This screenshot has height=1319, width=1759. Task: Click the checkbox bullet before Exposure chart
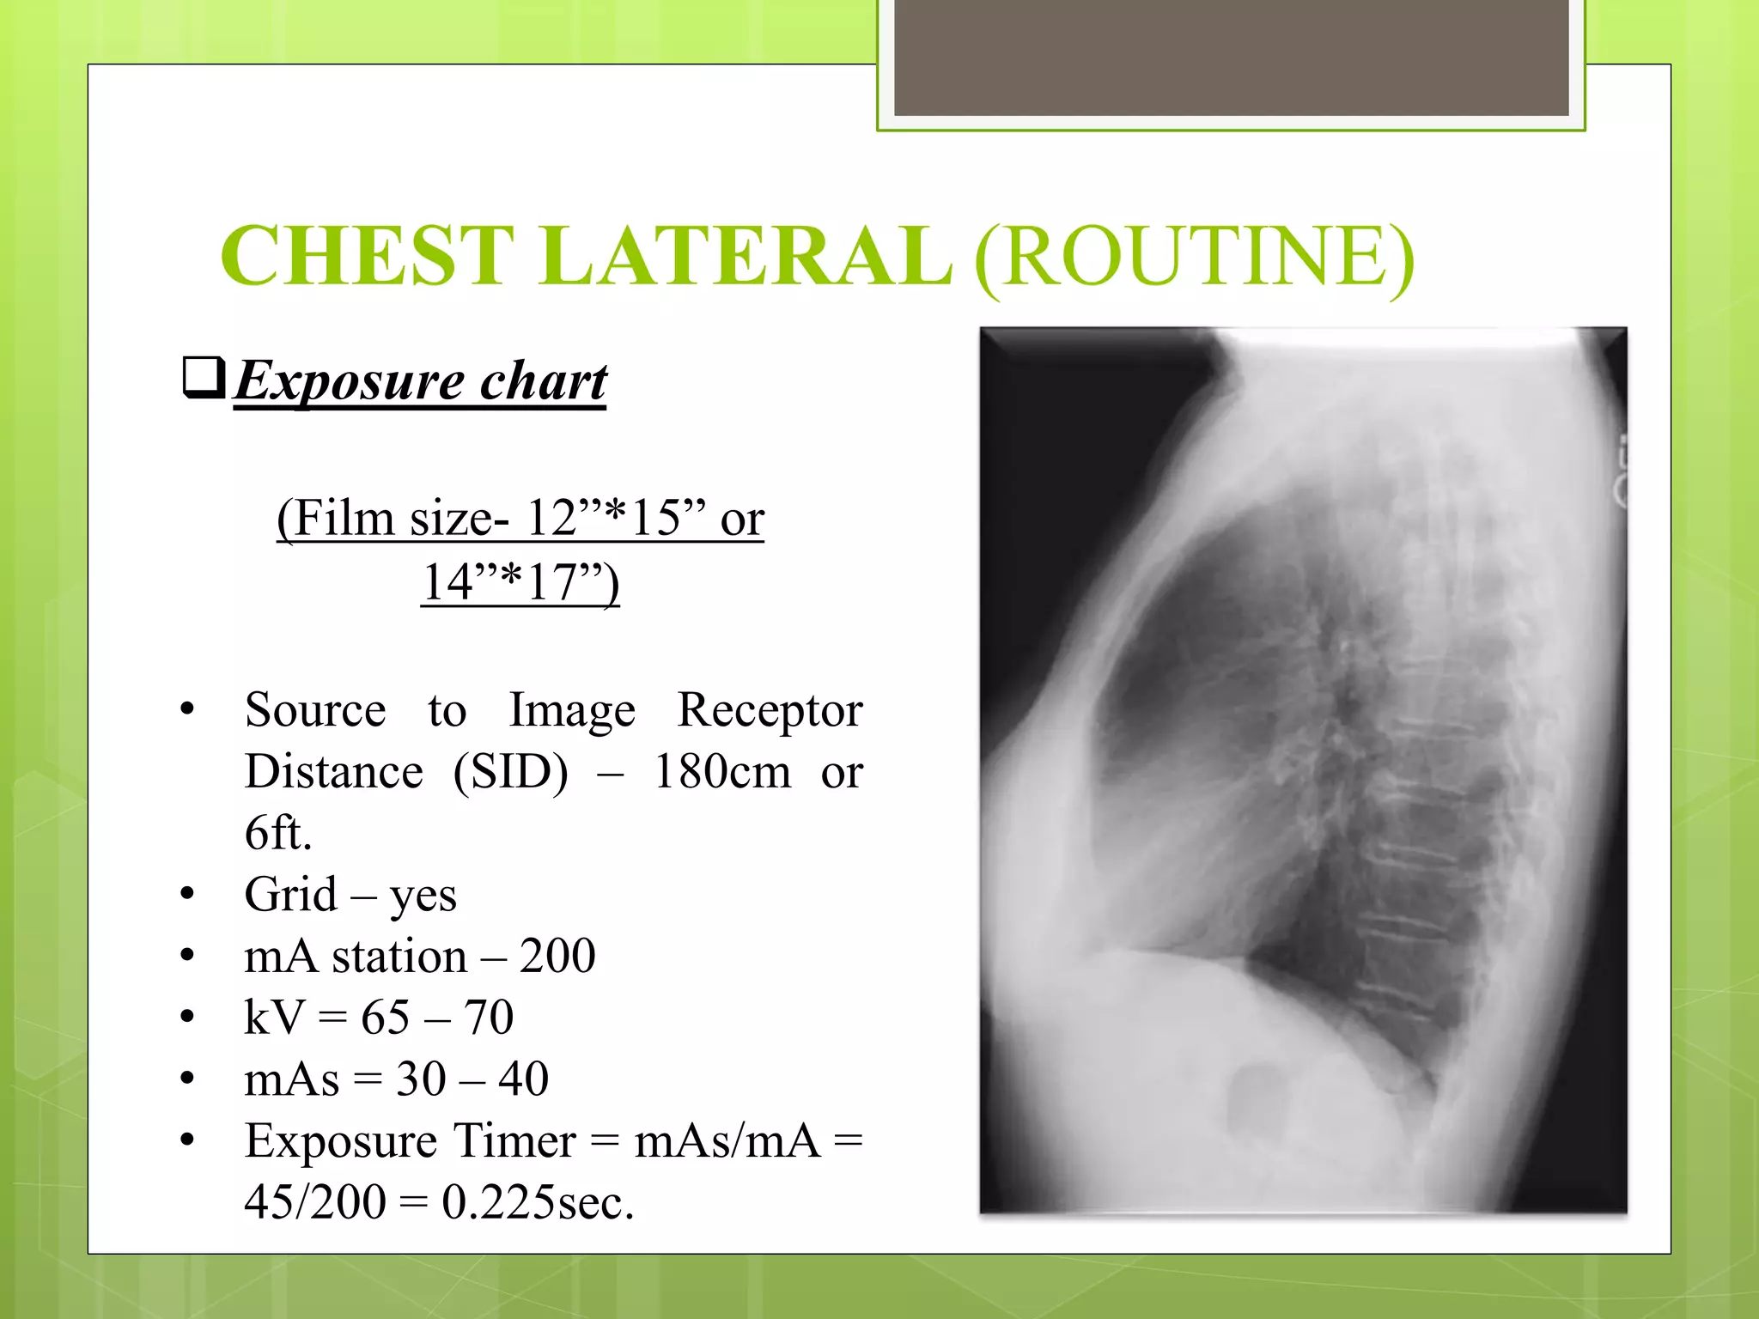(x=204, y=378)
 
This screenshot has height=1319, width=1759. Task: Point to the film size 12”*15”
(x=615, y=518)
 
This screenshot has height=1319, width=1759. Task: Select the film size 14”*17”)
(x=520, y=581)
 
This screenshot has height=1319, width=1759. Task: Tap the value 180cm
(x=722, y=771)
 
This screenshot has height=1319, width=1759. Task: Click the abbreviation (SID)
(x=510, y=771)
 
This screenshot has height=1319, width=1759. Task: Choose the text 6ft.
(x=277, y=832)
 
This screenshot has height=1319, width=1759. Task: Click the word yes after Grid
(x=423, y=895)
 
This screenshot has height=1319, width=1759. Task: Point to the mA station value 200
(x=557, y=956)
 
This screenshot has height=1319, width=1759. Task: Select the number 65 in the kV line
(x=385, y=1018)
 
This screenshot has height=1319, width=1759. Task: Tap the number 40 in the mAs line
(x=523, y=1079)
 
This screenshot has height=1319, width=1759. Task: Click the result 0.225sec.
(x=538, y=1201)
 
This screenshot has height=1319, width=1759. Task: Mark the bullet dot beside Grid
(x=187, y=895)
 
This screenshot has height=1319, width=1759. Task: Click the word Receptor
(x=770, y=710)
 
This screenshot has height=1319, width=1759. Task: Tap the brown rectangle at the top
(x=1231, y=57)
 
